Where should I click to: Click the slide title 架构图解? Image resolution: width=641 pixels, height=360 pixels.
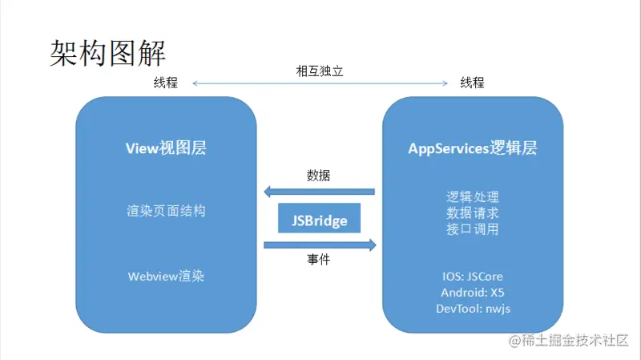(x=107, y=54)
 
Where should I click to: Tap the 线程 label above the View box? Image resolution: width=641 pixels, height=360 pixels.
(x=165, y=83)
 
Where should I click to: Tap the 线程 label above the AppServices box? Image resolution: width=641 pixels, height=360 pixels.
(x=472, y=83)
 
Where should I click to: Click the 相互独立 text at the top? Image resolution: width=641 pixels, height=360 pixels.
(x=320, y=71)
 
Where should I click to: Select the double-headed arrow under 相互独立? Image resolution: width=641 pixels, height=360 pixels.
(x=320, y=83)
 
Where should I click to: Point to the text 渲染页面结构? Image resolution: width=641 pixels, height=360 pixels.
(x=166, y=211)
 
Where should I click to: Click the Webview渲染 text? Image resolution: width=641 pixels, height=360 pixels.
(x=166, y=275)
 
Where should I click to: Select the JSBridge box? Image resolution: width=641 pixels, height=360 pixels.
(x=319, y=219)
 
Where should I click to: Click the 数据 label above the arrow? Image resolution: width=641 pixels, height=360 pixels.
(x=318, y=176)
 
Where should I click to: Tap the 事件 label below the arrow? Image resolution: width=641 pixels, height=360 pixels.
(x=318, y=260)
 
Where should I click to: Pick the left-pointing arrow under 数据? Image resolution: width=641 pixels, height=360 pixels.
(x=320, y=192)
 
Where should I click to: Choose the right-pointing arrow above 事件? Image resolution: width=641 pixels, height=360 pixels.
(x=320, y=245)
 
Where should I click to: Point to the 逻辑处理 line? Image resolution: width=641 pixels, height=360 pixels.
(x=472, y=196)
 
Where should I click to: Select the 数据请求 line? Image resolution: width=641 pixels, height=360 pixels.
(x=472, y=213)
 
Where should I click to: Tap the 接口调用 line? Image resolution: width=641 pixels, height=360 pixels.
(x=472, y=230)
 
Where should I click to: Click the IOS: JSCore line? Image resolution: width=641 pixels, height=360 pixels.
(x=472, y=277)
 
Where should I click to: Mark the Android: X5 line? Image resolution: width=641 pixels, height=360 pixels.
(x=472, y=293)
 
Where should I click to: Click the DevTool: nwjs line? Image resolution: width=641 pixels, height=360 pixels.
(x=472, y=309)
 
